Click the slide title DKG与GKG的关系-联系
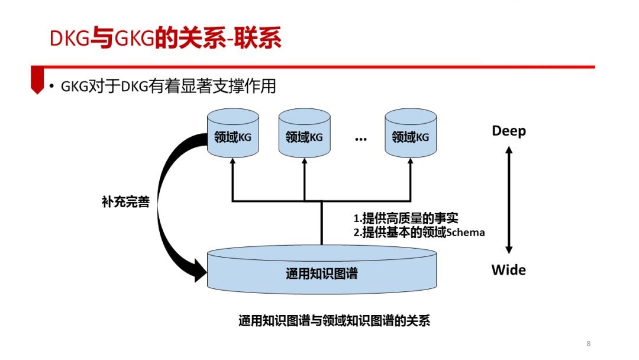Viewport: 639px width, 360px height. [x=166, y=38]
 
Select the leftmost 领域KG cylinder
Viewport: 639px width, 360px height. [x=233, y=133]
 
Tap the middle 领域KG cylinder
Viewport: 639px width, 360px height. [x=305, y=133]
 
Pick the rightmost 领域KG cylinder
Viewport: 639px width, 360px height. [x=411, y=133]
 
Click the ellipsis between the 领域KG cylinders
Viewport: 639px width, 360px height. [x=361, y=140]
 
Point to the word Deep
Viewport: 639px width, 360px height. [x=509, y=131]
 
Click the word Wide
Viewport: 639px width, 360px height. [x=509, y=270]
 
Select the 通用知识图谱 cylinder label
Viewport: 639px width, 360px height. [x=321, y=274]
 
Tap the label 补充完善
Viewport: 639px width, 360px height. [x=126, y=201]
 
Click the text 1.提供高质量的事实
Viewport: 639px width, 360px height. [x=406, y=218]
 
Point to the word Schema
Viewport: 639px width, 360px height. [x=466, y=232]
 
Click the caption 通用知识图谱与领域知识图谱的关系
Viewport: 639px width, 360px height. [x=334, y=321]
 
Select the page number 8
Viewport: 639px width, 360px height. [x=589, y=343]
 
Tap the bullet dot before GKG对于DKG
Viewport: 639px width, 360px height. [x=51, y=86]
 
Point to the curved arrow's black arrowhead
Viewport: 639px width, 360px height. [x=200, y=271]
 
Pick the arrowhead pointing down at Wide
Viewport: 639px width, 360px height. [x=509, y=249]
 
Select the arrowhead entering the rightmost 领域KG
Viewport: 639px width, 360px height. [x=411, y=161]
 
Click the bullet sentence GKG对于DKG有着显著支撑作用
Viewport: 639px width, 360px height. [x=168, y=86]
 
